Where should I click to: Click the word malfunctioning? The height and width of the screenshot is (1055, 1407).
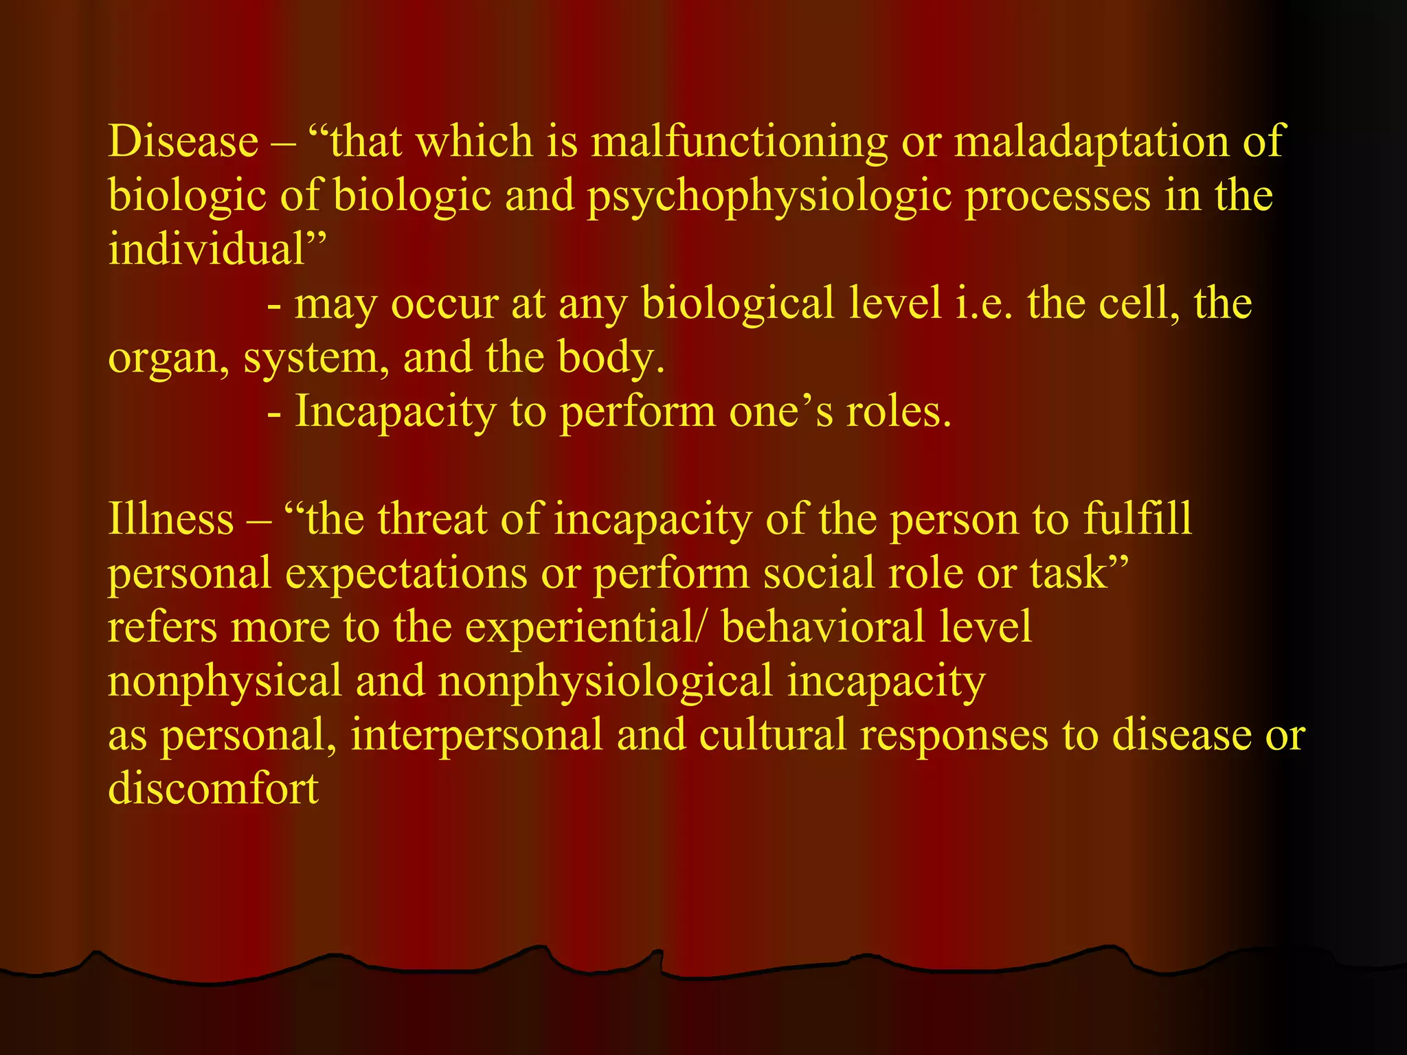click(739, 142)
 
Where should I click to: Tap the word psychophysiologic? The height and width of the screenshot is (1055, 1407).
click(769, 197)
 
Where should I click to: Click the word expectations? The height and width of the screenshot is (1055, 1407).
click(406, 574)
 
